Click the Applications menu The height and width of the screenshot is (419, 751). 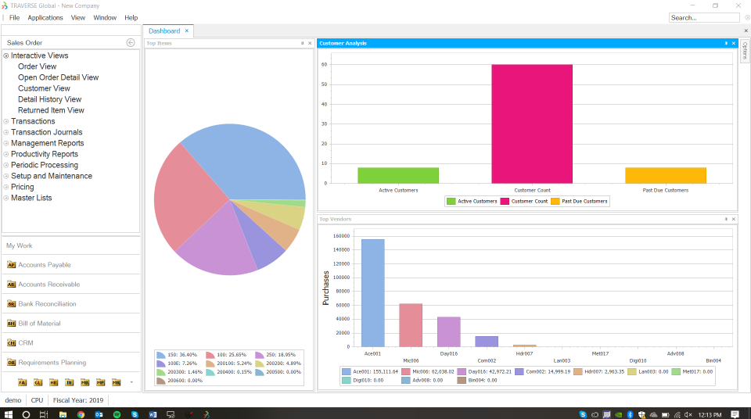click(x=45, y=17)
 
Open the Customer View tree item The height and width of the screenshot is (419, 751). click(x=44, y=88)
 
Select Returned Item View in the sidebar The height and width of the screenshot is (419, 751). click(x=51, y=110)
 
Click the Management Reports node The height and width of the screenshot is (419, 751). click(x=47, y=143)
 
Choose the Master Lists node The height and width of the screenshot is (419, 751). click(x=31, y=198)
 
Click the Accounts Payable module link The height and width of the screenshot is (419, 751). click(x=44, y=265)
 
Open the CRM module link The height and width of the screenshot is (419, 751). click(x=25, y=343)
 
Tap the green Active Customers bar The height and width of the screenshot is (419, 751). click(x=387, y=175)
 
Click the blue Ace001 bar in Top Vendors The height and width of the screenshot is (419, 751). click(x=373, y=292)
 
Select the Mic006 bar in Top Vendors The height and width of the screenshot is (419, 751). click(x=411, y=324)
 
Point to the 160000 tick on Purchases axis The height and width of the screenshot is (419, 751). click(x=340, y=235)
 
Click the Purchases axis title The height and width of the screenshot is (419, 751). click(x=326, y=287)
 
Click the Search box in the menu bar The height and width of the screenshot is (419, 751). click(x=704, y=17)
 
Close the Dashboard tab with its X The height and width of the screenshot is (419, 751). click(x=187, y=31)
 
